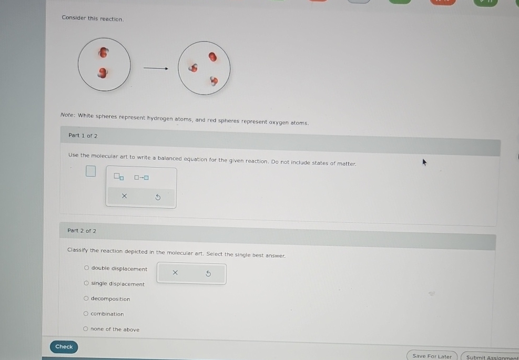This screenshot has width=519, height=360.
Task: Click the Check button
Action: click(64, 346)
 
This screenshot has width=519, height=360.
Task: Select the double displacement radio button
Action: click(86, 269)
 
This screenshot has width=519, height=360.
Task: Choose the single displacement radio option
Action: click(86, 284)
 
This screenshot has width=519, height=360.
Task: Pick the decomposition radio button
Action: click(86, 299)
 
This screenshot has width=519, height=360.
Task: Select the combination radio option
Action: click(86, 314)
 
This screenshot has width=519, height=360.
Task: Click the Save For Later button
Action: click(432, 356)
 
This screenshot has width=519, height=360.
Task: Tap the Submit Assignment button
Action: click(491, 357)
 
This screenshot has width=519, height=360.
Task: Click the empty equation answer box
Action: click(91, 171)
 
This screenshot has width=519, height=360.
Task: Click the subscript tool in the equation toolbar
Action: click(119, 177)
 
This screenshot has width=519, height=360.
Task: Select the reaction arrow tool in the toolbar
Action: click(141, 178)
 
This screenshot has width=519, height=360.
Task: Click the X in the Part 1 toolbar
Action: click(124, 196)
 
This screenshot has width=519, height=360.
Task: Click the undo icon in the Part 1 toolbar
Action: click(158, 197)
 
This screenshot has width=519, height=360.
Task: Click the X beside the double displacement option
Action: click(175, 272)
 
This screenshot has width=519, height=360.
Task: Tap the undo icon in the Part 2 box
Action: click(208, 273)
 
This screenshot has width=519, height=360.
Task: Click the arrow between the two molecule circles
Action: click(156, 68)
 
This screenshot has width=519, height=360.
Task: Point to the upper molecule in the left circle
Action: click(104, 53)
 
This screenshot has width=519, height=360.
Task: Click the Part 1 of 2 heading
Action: click(83, 136)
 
